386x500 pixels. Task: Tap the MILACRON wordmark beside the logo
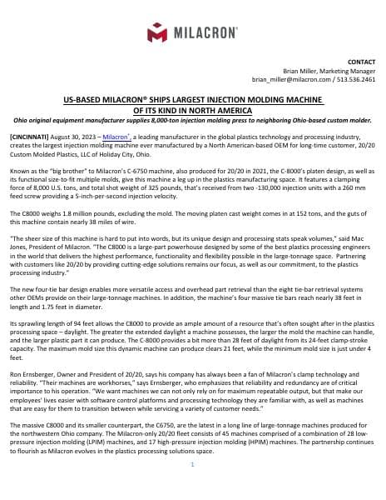coord(205,34)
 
